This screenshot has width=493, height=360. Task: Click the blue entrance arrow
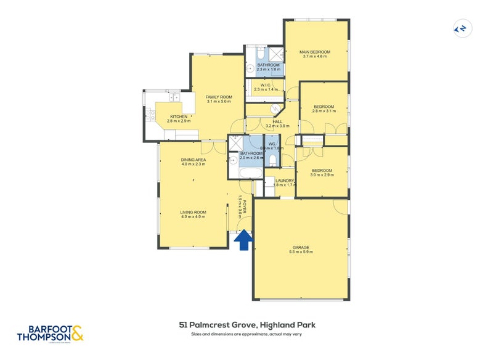[244, 240]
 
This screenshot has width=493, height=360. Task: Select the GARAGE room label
[301, 247]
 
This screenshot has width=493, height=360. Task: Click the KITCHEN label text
[179, 117]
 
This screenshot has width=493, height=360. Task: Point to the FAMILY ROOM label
[219, 97]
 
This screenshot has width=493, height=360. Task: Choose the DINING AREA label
[194, 160]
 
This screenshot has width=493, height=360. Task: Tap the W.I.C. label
[266, 85]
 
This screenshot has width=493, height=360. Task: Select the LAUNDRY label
[285, 181]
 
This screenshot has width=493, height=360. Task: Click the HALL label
[277, 121]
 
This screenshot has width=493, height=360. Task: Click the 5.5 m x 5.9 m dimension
[301, 252]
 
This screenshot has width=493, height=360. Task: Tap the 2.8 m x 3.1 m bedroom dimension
[324, 112]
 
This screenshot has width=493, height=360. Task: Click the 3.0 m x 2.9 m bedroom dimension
[322, 175]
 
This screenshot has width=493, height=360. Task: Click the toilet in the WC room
[272, 161]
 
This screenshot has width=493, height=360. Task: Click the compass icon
[460, 28]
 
